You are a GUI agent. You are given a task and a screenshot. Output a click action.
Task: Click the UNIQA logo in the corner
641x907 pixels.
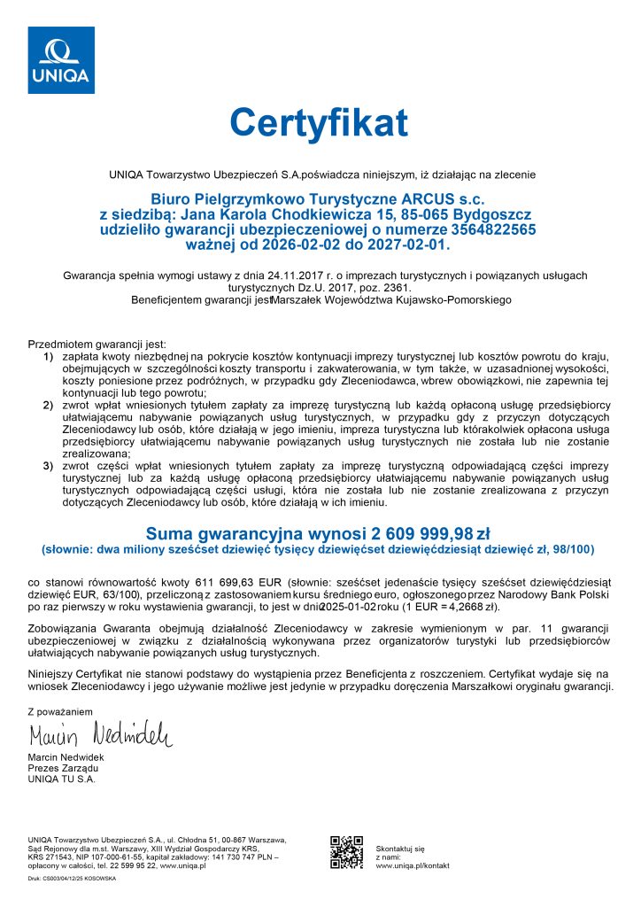point(61,59)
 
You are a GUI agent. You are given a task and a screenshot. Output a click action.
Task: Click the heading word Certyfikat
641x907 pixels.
point(319,122)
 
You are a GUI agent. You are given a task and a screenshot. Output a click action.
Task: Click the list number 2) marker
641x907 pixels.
point(49,405)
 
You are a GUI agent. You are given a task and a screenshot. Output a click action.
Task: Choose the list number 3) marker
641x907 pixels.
point(49,465)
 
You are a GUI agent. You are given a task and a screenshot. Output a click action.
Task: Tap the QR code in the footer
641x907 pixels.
point(346,852)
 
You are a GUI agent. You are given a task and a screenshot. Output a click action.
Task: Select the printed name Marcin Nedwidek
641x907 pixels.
point(66,758)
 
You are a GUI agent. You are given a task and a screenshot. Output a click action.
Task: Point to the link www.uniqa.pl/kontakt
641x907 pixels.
point(414,865)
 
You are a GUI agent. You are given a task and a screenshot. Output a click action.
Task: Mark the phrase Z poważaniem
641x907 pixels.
point(60,710)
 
